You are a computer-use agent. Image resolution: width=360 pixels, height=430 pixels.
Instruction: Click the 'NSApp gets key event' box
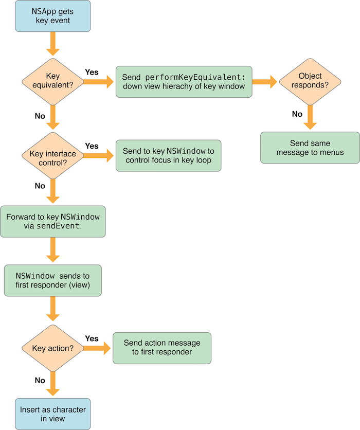[53, 16]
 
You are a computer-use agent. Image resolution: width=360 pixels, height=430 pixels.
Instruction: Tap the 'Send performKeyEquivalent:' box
[184, 81]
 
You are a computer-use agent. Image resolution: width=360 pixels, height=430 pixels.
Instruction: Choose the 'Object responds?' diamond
[310, 81]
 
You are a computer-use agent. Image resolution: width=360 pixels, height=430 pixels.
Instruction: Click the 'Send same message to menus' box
[310, 148]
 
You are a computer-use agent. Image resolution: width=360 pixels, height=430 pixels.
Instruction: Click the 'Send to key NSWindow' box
[168, 155]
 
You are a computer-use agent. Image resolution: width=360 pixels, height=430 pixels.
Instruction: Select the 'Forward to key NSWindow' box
[53, 221]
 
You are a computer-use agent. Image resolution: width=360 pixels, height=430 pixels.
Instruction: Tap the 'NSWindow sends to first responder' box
[53, 280]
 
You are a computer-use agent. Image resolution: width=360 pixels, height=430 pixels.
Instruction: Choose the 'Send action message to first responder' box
[162, 348]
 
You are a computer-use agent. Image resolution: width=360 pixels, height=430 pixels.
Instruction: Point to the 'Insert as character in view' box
[53, 414]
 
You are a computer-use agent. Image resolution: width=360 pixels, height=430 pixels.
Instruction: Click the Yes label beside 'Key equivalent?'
[92, 73]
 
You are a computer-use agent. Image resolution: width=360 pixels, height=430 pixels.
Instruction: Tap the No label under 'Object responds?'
[297, 114]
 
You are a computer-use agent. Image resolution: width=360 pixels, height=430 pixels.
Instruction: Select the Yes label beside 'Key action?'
[92, 338]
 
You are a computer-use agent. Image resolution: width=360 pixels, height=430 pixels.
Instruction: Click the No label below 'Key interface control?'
[40, 186]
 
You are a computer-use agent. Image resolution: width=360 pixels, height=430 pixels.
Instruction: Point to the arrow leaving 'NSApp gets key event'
[53, 44]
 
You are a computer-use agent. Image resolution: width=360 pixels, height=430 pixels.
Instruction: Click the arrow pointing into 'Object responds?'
[264, 81]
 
